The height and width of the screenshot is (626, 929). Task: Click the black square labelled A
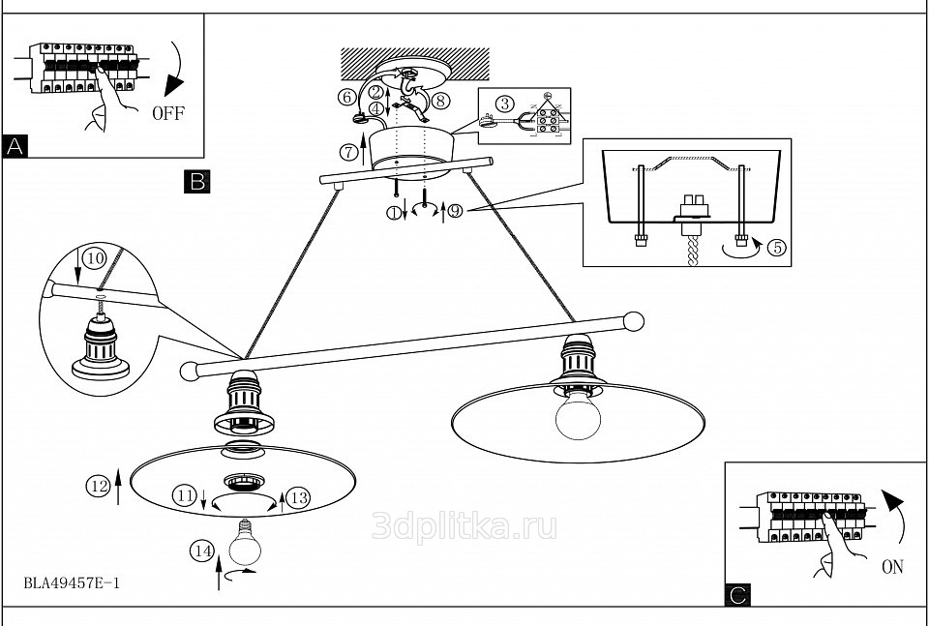pos(15,146)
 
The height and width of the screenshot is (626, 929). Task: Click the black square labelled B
pos(196,181)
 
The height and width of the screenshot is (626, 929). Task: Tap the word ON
pos(892,567)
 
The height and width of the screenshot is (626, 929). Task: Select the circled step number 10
pos(93,258)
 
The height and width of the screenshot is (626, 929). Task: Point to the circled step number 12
pos(96,487)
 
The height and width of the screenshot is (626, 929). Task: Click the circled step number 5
pos(776,246)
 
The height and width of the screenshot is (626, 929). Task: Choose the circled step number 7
pos(349,152)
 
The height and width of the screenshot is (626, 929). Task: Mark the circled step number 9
pos(455,212)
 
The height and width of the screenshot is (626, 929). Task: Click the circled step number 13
pos(298,497)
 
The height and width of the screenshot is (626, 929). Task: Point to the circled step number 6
pos(346,97)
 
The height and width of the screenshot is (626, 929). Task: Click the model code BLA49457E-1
pos(72,583)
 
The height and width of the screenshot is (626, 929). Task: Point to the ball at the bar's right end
pos(634,320)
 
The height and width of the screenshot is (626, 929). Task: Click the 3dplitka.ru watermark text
pos(464,525)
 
